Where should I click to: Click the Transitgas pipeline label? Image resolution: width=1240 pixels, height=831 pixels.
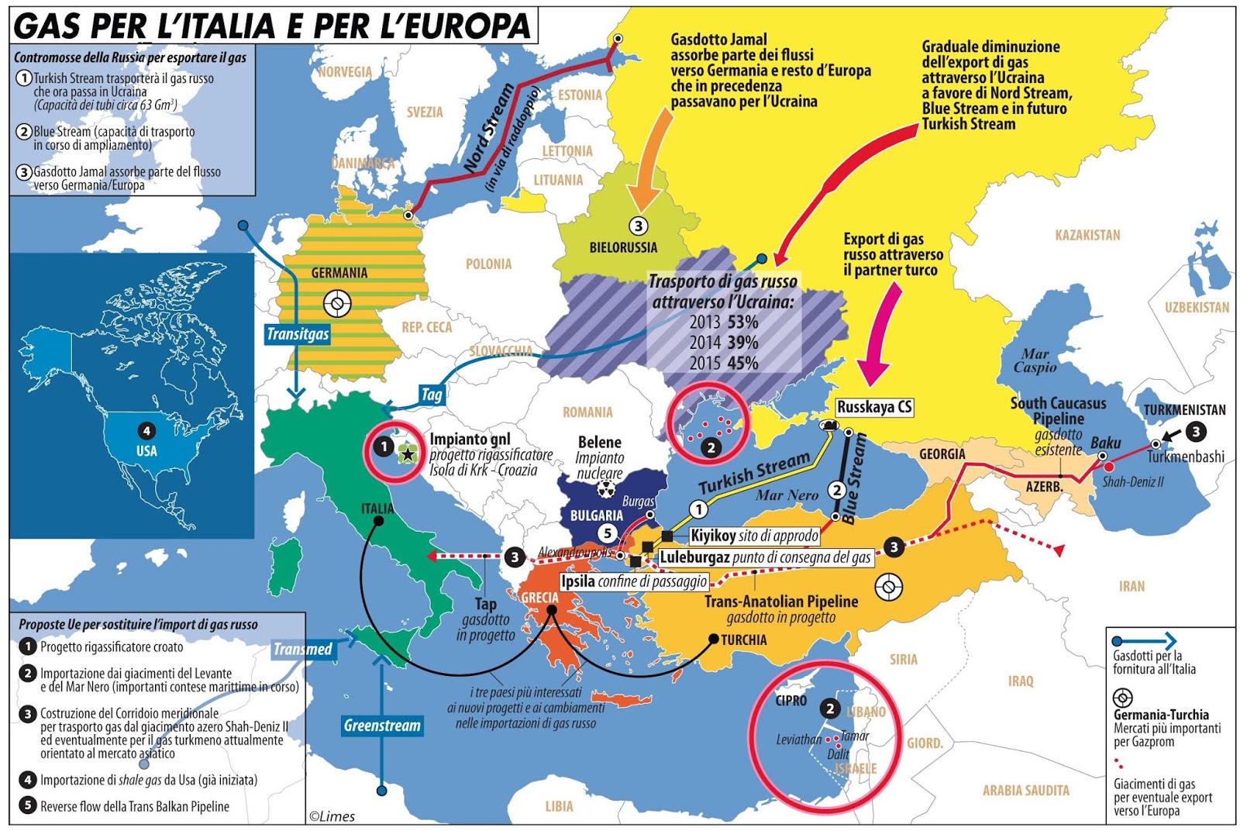pyautogui.click(x=298, y=334)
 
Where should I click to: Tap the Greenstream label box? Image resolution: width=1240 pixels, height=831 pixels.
pyautogui.click(x=382, y=726)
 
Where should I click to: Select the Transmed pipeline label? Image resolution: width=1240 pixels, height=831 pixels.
pyautogui.click(x=303, y=649)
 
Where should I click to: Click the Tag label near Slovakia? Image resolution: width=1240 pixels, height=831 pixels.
pyautogui.click(x=432, y=395)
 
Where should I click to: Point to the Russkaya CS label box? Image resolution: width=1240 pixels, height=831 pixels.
pyautogui.click(x=874, y=407)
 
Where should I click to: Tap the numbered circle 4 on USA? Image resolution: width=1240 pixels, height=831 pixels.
pyautogui.click(x=146, y=431)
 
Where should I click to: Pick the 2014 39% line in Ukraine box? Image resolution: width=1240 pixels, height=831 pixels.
pyautogui.click(x=723, y=343)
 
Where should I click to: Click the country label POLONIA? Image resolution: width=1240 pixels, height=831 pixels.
pyautogui.click(x=488, y=264)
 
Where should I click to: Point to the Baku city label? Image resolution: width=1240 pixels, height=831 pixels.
pyautogui.click(x=1105, y=443)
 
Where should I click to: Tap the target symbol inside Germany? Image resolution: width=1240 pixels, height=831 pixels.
pyautogui.click(x=337, y=303)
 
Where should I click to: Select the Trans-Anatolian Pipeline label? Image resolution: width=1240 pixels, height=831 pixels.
pyautogui.click(x=780, y=602)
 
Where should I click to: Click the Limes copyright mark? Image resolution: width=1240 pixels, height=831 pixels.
pyautogui.click(x=332, y=815)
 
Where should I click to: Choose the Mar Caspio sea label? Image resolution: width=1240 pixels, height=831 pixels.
pyautogui.click(x=1035, y=360)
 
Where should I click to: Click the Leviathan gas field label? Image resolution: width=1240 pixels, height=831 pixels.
pyautogui.click(x=798, y=740)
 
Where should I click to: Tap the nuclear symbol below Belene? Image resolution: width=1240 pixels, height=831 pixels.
pyautogui.click(x=606, y=489)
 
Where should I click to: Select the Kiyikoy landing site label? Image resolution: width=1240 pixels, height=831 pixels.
pyautogui.click(x=753, y=536)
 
